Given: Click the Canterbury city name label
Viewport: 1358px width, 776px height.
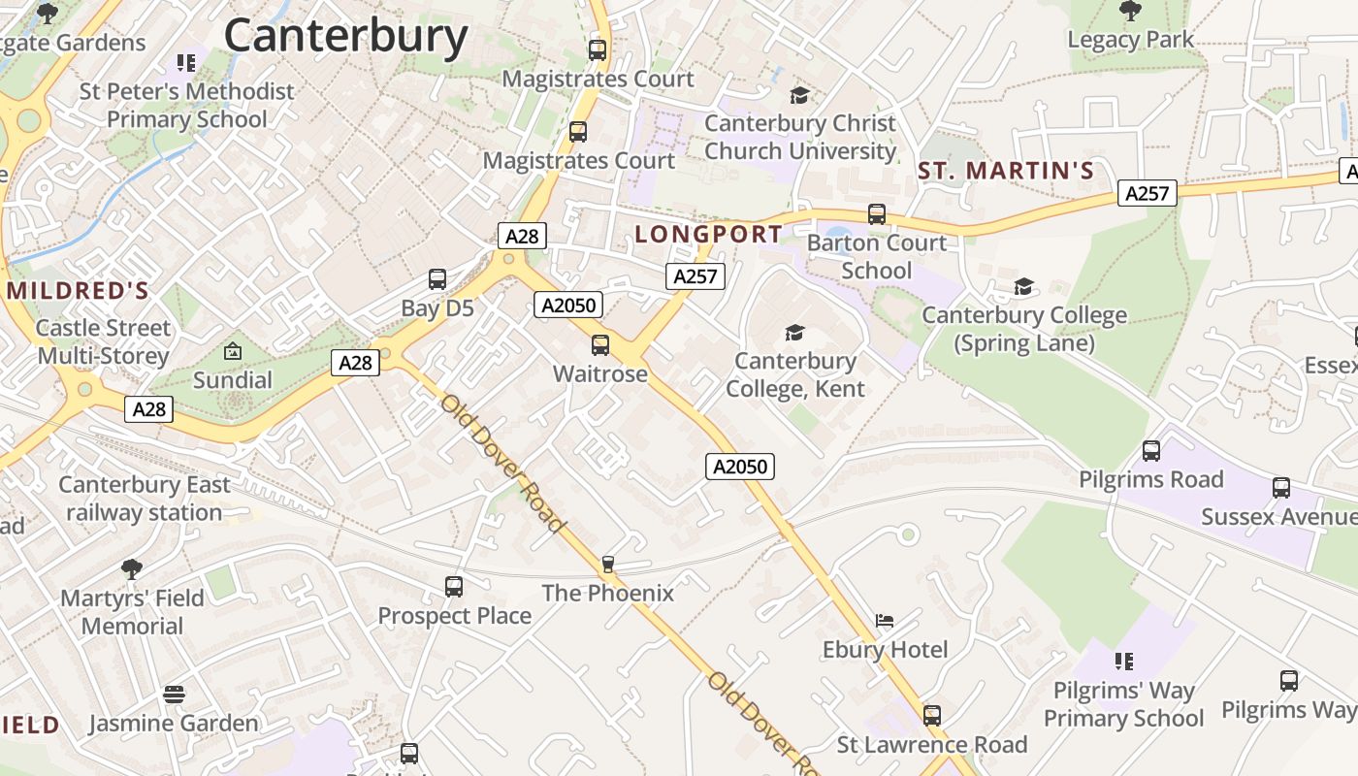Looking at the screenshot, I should click(346, 36).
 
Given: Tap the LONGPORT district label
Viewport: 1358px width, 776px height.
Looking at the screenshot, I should click(708, 234).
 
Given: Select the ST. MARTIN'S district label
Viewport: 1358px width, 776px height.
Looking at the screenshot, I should click(1006, 172).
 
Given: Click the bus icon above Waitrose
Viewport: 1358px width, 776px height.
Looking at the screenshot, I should click(600, 344).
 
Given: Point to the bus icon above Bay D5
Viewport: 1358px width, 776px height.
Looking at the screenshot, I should click(437, 279).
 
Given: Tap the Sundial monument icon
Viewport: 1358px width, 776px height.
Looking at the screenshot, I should click(233, 350).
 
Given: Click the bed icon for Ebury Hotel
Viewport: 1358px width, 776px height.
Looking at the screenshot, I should click(885, 620).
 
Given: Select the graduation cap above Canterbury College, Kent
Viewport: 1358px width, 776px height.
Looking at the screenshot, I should click(795, 333).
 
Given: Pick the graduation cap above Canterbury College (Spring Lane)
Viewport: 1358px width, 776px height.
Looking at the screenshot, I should click(1024, 286).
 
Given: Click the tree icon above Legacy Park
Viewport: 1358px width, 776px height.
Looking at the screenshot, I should click(1130, 11).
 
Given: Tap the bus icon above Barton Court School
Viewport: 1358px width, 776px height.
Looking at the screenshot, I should click(877, 213).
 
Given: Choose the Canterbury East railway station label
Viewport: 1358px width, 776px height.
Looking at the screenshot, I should click(145, 499).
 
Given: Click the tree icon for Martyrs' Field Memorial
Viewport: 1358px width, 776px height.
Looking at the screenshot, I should click(132, 568).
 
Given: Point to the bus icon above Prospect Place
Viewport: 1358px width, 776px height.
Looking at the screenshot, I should click(454, 586).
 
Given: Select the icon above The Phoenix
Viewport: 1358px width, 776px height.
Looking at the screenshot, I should click(608, 564).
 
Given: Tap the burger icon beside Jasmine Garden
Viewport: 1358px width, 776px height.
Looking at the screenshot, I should click(175, 695).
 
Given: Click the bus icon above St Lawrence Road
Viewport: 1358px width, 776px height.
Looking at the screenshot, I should click(932, 715).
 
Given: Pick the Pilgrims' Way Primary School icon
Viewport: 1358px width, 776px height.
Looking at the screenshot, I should click(1124, 662).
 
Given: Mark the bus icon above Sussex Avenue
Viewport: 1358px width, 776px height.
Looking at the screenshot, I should click(1281, 487).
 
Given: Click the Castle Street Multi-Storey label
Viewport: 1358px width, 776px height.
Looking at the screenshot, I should click(104, 341).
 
